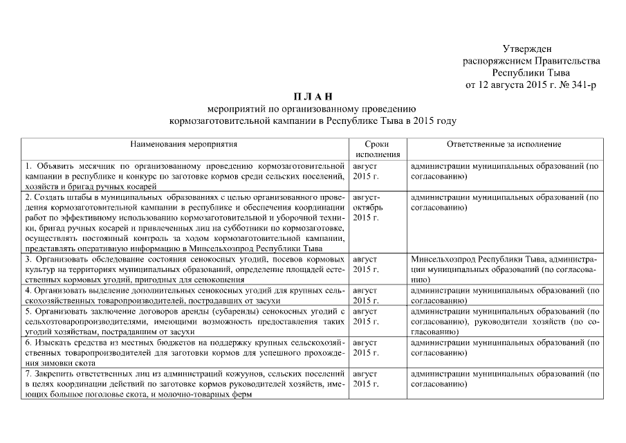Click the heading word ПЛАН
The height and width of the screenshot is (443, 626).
click(312, 96)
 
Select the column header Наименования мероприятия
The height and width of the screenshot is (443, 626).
click(184, 145)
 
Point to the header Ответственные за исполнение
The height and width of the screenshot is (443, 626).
click(504, 145)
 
